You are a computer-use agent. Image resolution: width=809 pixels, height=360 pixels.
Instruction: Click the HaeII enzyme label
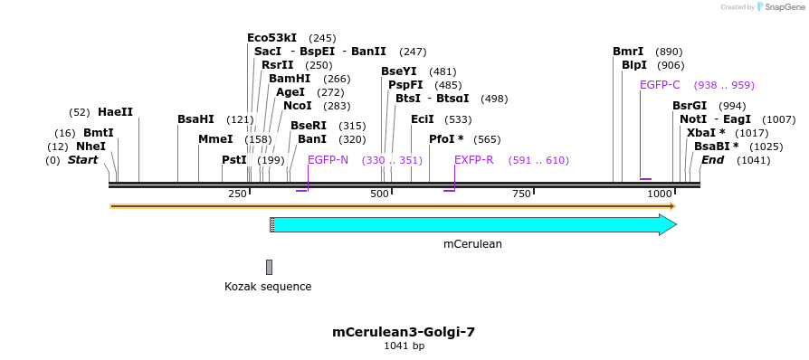coord(115,112)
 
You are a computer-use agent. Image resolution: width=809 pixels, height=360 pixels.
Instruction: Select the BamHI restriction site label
coord(290,79)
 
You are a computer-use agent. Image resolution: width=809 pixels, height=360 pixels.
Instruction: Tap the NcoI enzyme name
coord(298,106)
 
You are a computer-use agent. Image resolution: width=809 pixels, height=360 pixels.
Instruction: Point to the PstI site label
coord(234,160)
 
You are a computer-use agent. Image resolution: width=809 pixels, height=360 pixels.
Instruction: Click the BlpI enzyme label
coord(634,65)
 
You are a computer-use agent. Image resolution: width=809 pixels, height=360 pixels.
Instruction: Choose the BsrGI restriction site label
coord(690,106)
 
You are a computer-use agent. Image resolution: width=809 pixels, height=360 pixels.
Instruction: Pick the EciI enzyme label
coord(423,119)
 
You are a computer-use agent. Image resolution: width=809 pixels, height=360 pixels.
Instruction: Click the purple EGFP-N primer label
coord(328,160)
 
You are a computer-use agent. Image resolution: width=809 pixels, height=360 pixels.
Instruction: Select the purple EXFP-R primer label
coord(474,160)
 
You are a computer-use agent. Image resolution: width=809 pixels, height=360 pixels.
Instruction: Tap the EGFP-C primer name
coord(660,85)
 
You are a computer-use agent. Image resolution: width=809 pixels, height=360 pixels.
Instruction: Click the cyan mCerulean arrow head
coord(668,225)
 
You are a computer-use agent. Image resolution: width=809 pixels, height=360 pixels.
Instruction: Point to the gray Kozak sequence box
coord(269,267)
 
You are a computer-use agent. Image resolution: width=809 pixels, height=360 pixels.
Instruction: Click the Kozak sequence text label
coord(268,287)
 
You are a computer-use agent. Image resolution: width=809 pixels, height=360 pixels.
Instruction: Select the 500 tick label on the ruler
coord(379,194)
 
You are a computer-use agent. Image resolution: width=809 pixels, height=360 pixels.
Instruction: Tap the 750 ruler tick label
coord(521,194)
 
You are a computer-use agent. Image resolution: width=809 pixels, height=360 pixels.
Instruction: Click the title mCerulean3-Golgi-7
coord(404,332)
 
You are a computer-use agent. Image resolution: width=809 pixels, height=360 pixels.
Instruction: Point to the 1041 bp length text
coord(404,346)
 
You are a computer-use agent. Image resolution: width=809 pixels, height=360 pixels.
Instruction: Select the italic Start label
coord(82,160)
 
